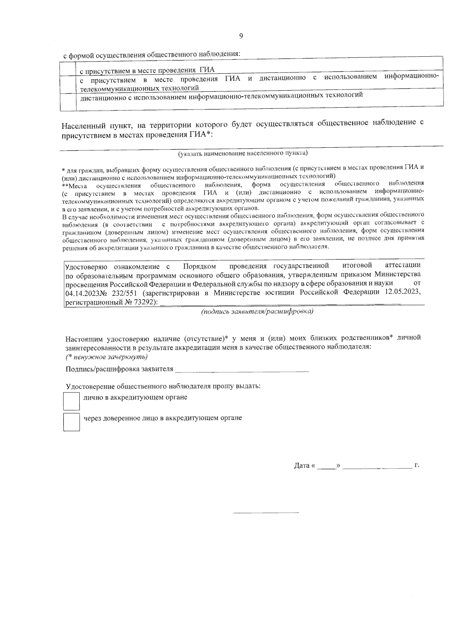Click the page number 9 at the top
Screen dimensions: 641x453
(x=241, y=36)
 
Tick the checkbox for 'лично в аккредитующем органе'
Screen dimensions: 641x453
(x=71, y=401)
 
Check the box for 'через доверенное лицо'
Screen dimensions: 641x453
(x=71, y=422)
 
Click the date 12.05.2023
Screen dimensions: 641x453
(x=402, y=292)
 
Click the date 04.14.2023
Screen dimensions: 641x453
(x=82, y=293)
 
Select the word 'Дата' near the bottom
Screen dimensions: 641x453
(x=302, y=466)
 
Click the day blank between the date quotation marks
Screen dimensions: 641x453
(x=326, y=467)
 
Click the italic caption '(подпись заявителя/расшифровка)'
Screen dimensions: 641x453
(x=257, y=312)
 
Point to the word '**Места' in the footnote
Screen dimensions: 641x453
(x=74, y=186)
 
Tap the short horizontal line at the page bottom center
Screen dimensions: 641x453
(x=266, y=513)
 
